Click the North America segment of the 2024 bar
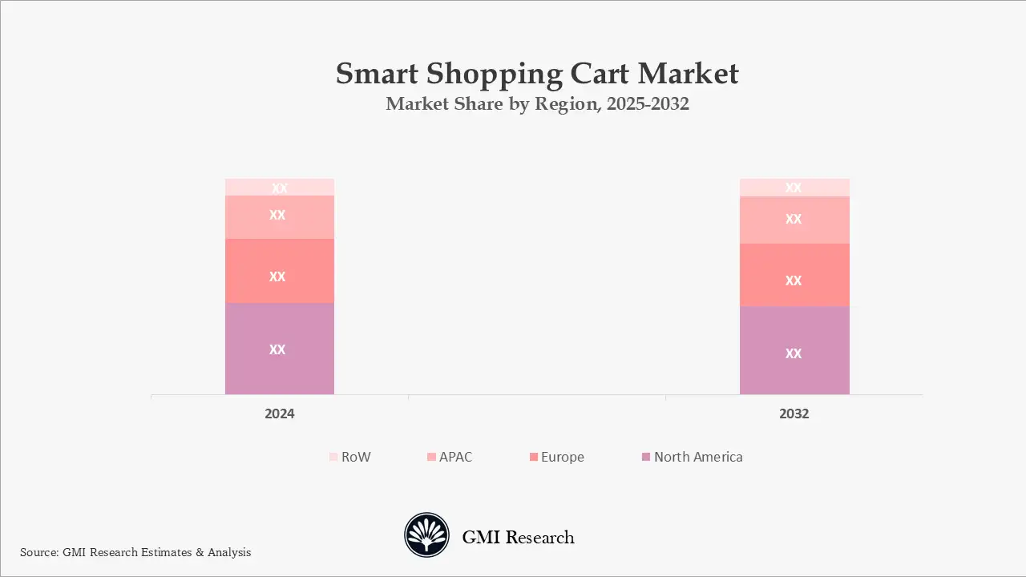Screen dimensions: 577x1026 click(x=279, y=349)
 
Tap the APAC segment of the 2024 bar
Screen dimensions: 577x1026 click(x=279, y=216)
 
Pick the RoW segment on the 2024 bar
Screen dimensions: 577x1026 click(x=279, y=187)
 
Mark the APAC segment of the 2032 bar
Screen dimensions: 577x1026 click(x=794, y=220)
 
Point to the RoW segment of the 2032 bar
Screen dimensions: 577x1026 click(x=794, y=187)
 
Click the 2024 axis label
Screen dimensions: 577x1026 click(x=280, y=414)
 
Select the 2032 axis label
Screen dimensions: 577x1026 click(x=794, y=414)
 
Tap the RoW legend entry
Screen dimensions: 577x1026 click(x=349, y=457)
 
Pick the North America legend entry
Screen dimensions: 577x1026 click(x=691, y=457)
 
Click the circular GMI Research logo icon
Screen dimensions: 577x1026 click(x=426, y=535)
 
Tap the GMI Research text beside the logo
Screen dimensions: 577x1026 click(x=518, y=537)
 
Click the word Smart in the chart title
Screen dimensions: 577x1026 click(x=377, y=74)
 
